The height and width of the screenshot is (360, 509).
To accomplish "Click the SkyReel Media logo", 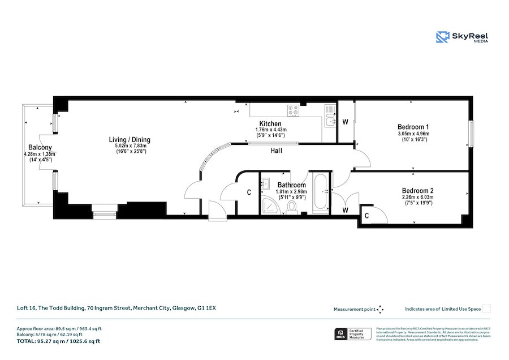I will click(461, 37).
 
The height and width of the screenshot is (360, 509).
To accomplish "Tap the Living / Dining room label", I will click(130, 140).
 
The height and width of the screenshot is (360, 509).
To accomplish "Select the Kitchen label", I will click(270, 124).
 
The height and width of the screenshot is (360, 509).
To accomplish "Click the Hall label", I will click(276, 151).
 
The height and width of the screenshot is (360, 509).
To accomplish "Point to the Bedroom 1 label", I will click(413, 127).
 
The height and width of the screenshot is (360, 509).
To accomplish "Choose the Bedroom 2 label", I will click(417, 191).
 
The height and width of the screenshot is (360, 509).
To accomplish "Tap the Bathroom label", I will click(291, 185).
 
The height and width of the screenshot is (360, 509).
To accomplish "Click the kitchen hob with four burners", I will click(294, 111).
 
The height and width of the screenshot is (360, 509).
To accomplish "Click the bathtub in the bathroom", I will click(320, 193).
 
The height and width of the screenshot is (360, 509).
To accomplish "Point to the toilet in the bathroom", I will click(292, 207).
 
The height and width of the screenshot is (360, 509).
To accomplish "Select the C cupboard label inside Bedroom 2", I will click(367, 215).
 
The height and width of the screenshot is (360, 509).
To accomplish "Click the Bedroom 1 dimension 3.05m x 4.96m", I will click(413, 134).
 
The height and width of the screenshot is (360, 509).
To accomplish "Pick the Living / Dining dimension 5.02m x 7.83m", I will click(130, 146).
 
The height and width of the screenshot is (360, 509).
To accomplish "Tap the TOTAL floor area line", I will click(58, 341).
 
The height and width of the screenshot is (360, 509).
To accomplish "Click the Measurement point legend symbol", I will click(380, 309).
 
